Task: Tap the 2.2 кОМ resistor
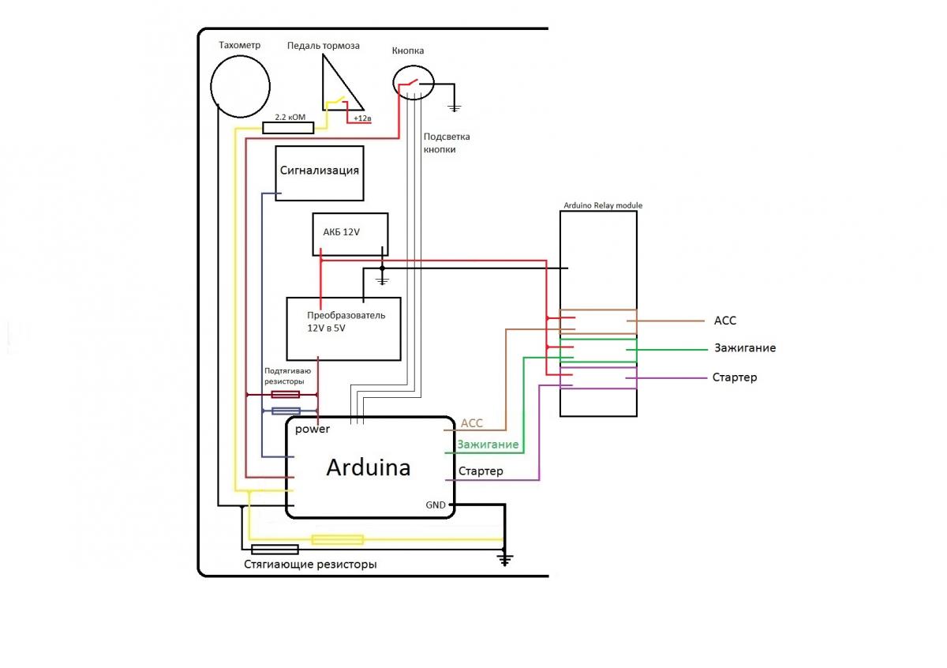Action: [288, 128]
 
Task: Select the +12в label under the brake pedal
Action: [362, 118]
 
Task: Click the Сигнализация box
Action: [320, 173]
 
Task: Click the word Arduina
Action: [368, 467]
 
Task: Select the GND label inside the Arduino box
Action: [436, 505]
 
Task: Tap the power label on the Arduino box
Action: [313, 430]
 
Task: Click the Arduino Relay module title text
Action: [603, 205]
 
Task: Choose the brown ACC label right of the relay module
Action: [724, 321]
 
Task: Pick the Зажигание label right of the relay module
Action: [745, 348]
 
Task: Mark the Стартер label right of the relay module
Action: [734, 377]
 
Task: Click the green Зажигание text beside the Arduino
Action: [488, 445]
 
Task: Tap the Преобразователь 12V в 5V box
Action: [343, 328]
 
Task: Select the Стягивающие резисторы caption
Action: [310, 565]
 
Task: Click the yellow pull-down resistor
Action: [337, 540]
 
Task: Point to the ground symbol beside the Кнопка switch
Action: [454, 107]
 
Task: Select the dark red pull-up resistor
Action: [285, 394]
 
